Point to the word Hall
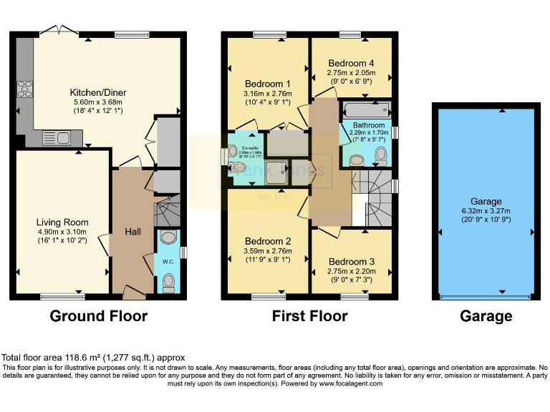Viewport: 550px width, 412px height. [x=132, y=233]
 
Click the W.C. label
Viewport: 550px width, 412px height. [x=168, y=261]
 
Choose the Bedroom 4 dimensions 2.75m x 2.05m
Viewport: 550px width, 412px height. [x=352, y=72]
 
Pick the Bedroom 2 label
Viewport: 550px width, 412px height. [x=266, y=241]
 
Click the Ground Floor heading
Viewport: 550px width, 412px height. [x=98, y=315]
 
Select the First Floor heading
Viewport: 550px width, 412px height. [x=309, y=315]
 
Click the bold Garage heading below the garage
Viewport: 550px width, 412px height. [x=486, y=315]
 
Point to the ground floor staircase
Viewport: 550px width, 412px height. [x=168, y=213]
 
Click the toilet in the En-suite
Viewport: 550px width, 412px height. [x=237, y=167]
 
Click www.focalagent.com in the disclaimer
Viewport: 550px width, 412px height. [x=345, y=383]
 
